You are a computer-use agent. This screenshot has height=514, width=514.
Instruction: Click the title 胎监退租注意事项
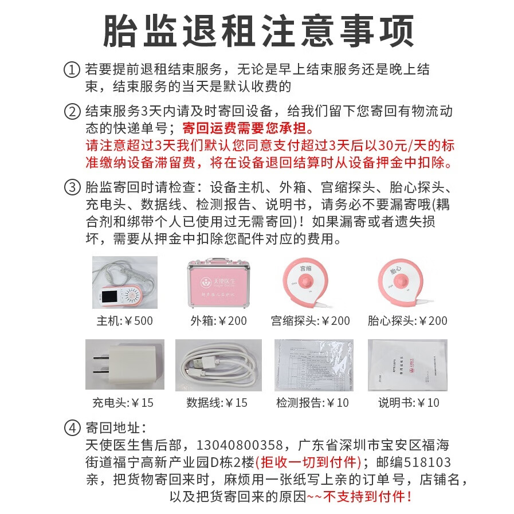pos(258,31)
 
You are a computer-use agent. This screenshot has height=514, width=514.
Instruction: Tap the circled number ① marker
pos(72,70)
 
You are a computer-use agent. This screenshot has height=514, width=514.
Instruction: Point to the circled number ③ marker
pos(72,187)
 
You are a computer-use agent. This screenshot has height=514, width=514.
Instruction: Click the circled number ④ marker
pos(72,427)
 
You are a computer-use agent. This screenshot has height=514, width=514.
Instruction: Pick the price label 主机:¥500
pos(124,321)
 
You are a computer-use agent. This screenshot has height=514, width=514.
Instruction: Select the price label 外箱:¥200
pos(218,321)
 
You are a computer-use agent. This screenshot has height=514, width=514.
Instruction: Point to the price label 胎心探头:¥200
pos(409,321)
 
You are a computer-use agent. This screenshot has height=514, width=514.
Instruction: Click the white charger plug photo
pos(124,364)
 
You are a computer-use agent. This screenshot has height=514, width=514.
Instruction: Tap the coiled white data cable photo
pos(218,364)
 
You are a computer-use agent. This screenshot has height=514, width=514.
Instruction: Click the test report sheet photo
pos(313,364)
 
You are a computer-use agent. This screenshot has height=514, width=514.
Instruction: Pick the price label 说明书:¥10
pos(409,403)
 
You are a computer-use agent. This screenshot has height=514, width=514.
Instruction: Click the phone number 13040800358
pos(240,445)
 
